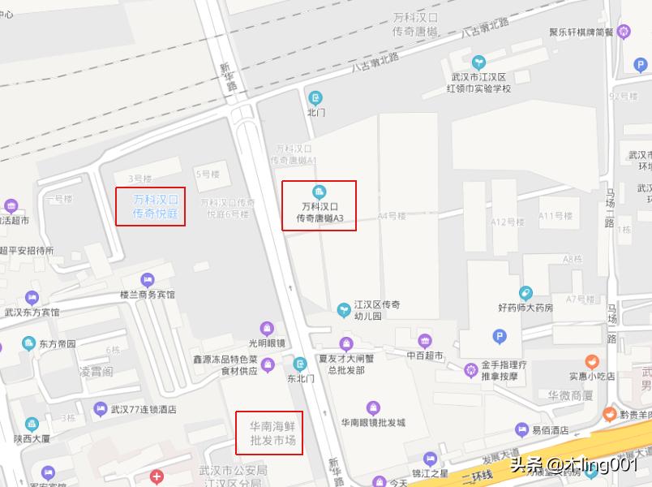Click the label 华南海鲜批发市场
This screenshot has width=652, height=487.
tap(269, 433)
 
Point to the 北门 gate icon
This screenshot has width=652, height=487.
tap(315, 98)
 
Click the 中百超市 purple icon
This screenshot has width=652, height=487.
tap(424, 341)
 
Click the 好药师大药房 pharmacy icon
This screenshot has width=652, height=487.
tap(525, 293)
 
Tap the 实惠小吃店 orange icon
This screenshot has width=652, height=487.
tap(592, 361)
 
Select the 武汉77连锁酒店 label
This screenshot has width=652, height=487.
tap(144, 409)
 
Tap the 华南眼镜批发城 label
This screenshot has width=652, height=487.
tap(372, 422)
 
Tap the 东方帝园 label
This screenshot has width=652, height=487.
tap(57, 343)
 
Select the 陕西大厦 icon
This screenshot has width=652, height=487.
tap(32, 424)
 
